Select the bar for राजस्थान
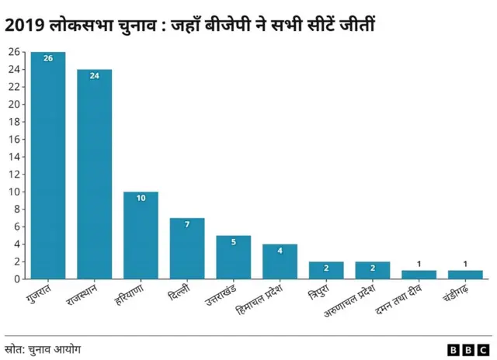(94, 174)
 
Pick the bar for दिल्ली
(187, 248)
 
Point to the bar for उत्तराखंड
(233, 257)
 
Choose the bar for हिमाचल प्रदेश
(280, 261)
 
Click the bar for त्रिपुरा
(326, 270)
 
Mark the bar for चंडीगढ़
(465, 275)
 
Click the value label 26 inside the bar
(47, 59)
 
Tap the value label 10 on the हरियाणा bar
(141, 199)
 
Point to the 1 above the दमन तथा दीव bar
(419, 264)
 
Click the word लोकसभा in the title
(79, 26)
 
